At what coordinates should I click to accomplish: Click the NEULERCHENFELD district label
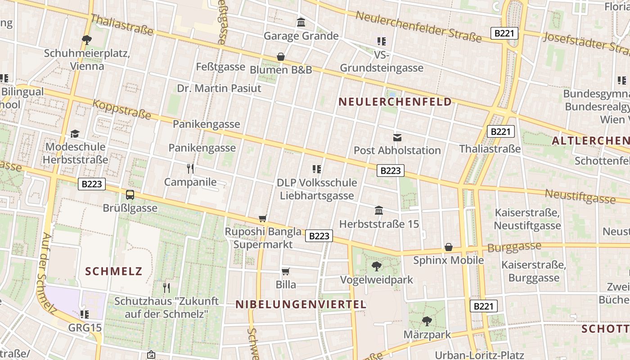(x=395, y=102)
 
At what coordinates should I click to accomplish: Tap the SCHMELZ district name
(x=113, y=271)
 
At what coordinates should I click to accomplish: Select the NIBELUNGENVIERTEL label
(x=301, y=305)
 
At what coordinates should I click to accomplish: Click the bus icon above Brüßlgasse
(x=130, y=195)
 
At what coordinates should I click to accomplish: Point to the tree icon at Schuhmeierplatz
(x=87, y=40)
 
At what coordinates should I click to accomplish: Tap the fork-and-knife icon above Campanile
(x=190, y=169)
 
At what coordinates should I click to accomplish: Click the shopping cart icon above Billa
(x=285, y=271)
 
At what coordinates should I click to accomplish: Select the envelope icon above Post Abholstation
(x=397, y=137)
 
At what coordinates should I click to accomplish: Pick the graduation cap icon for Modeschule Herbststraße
(x=75, y=134)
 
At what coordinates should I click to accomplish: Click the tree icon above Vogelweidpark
(x=376, y=266)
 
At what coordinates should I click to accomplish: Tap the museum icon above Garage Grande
(x=301, y=22)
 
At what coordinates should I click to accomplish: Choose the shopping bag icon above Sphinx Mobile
(x=449, y=247)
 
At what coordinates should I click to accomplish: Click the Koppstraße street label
(x=121, y=110)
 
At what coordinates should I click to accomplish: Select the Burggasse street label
(x=514, y=247)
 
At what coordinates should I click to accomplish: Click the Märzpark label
(x=427, y=335)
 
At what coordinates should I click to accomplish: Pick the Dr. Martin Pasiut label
(x=219, y=88)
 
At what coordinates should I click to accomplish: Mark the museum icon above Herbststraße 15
(x=379, y=211)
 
